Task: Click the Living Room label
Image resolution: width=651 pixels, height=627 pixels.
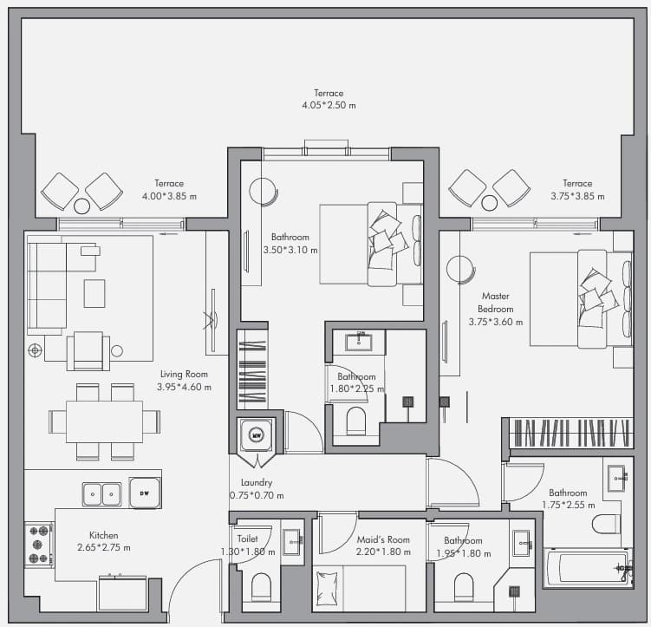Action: [184, 374]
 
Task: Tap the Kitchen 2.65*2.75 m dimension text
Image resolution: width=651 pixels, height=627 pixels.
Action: [104, 548]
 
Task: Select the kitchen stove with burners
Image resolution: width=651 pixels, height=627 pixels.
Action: [39, 545]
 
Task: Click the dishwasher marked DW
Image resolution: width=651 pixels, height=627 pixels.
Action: [145, 493]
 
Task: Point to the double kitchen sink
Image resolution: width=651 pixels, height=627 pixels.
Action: [102, 494]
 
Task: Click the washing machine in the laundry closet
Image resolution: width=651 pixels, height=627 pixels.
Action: [257, 435]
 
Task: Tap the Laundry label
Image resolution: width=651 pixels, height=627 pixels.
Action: [257, 482]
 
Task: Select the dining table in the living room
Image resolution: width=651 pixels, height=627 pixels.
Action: [104, 421]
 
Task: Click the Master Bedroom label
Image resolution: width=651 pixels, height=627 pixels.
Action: [496, 303]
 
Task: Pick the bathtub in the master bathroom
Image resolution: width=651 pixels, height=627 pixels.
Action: [589, 567]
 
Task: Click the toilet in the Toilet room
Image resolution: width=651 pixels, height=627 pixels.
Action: [261, 587]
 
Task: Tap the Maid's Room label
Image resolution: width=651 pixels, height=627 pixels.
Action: [383, 539]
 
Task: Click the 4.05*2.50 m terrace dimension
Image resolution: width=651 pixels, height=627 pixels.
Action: [329, 105]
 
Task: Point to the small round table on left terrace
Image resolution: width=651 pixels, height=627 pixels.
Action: [81, 206]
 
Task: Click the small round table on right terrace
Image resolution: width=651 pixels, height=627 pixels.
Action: [490, 203]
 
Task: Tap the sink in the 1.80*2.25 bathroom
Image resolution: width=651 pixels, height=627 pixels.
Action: [359, 342]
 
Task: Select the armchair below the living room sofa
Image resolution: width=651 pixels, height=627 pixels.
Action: [88, 351]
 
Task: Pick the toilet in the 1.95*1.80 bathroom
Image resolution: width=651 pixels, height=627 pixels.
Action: [464, 587]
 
